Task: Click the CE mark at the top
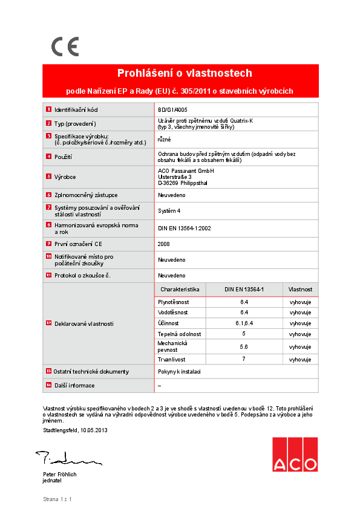click(x=65, y=47)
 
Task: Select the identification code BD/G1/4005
click(x=168, y=110)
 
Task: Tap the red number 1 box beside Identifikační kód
click(x=48, y=110)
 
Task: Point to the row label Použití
click(x=63, y=157)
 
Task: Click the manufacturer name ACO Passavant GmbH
click(x=186, y=171)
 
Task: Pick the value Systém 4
click(x=169, y=211)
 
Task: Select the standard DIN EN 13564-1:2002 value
click(x=184, y=229)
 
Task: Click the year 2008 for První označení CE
click(x=163, y=244)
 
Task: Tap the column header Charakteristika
click(x=180, y=290)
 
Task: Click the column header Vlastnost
click(x=300, y=290)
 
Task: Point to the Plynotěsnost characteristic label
click(x=173, y=301)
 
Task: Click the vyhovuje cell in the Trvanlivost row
click(x=300, y=359)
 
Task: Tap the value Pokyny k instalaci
click(x=179, y=372)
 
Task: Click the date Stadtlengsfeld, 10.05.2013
click(x=75, y=430)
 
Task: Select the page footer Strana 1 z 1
click(x=57, y=499)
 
